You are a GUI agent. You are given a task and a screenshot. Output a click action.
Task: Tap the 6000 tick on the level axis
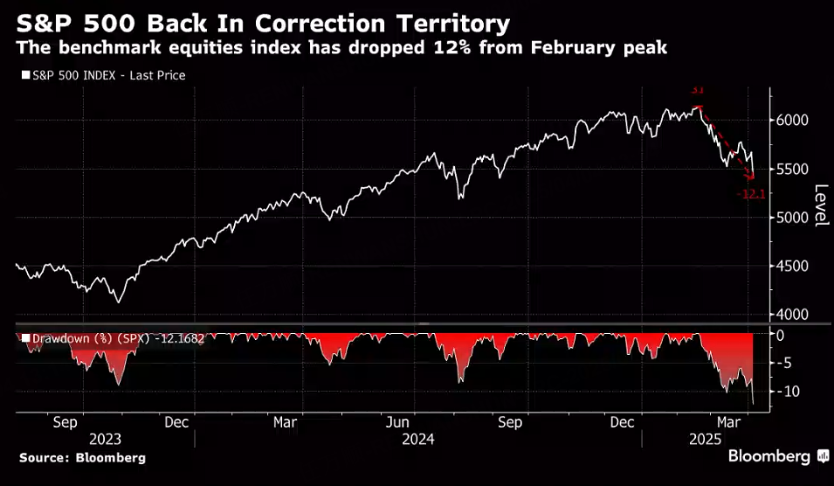(x=794, y=120)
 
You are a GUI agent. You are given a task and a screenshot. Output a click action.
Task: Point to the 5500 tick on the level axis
(x=794, y=169)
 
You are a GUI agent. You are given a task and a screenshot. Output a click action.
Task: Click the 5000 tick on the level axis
(x=794, y=217)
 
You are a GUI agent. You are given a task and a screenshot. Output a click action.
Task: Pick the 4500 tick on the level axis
(x=794, y=266)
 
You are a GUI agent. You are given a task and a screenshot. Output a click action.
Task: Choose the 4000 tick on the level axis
(x=794, y=314)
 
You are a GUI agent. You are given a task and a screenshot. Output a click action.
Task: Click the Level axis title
(x=821, y=206)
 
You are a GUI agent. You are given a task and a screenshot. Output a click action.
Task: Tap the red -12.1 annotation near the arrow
(x=751, y=194)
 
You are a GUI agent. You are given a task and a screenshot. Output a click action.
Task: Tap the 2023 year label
(x=104, y=440)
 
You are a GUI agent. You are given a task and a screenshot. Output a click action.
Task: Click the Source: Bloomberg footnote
(x=82, y=458)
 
